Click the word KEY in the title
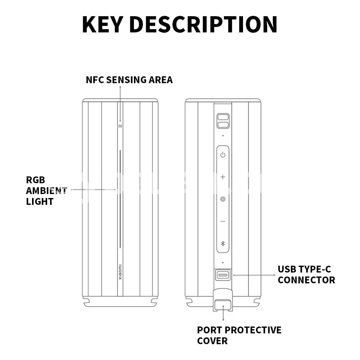(102, 24)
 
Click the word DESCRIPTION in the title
(203, 24)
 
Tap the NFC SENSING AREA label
(129, 80)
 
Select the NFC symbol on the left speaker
(120, 126)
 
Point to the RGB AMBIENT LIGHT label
(46, 191)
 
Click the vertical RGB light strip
(120, 199)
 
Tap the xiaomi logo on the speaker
(120, 273)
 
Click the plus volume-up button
(223, 177)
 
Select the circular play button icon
(223, 199)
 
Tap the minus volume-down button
(223, 221)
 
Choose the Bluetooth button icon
(223, 244)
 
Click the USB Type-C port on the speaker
(223, 275)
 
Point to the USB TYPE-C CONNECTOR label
(306, 275)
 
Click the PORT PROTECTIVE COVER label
(239, 336)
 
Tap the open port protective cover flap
(223, 300)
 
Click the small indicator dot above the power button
(223, 136)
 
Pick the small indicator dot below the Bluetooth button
(223, 262)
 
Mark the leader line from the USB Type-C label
(254, 275)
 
